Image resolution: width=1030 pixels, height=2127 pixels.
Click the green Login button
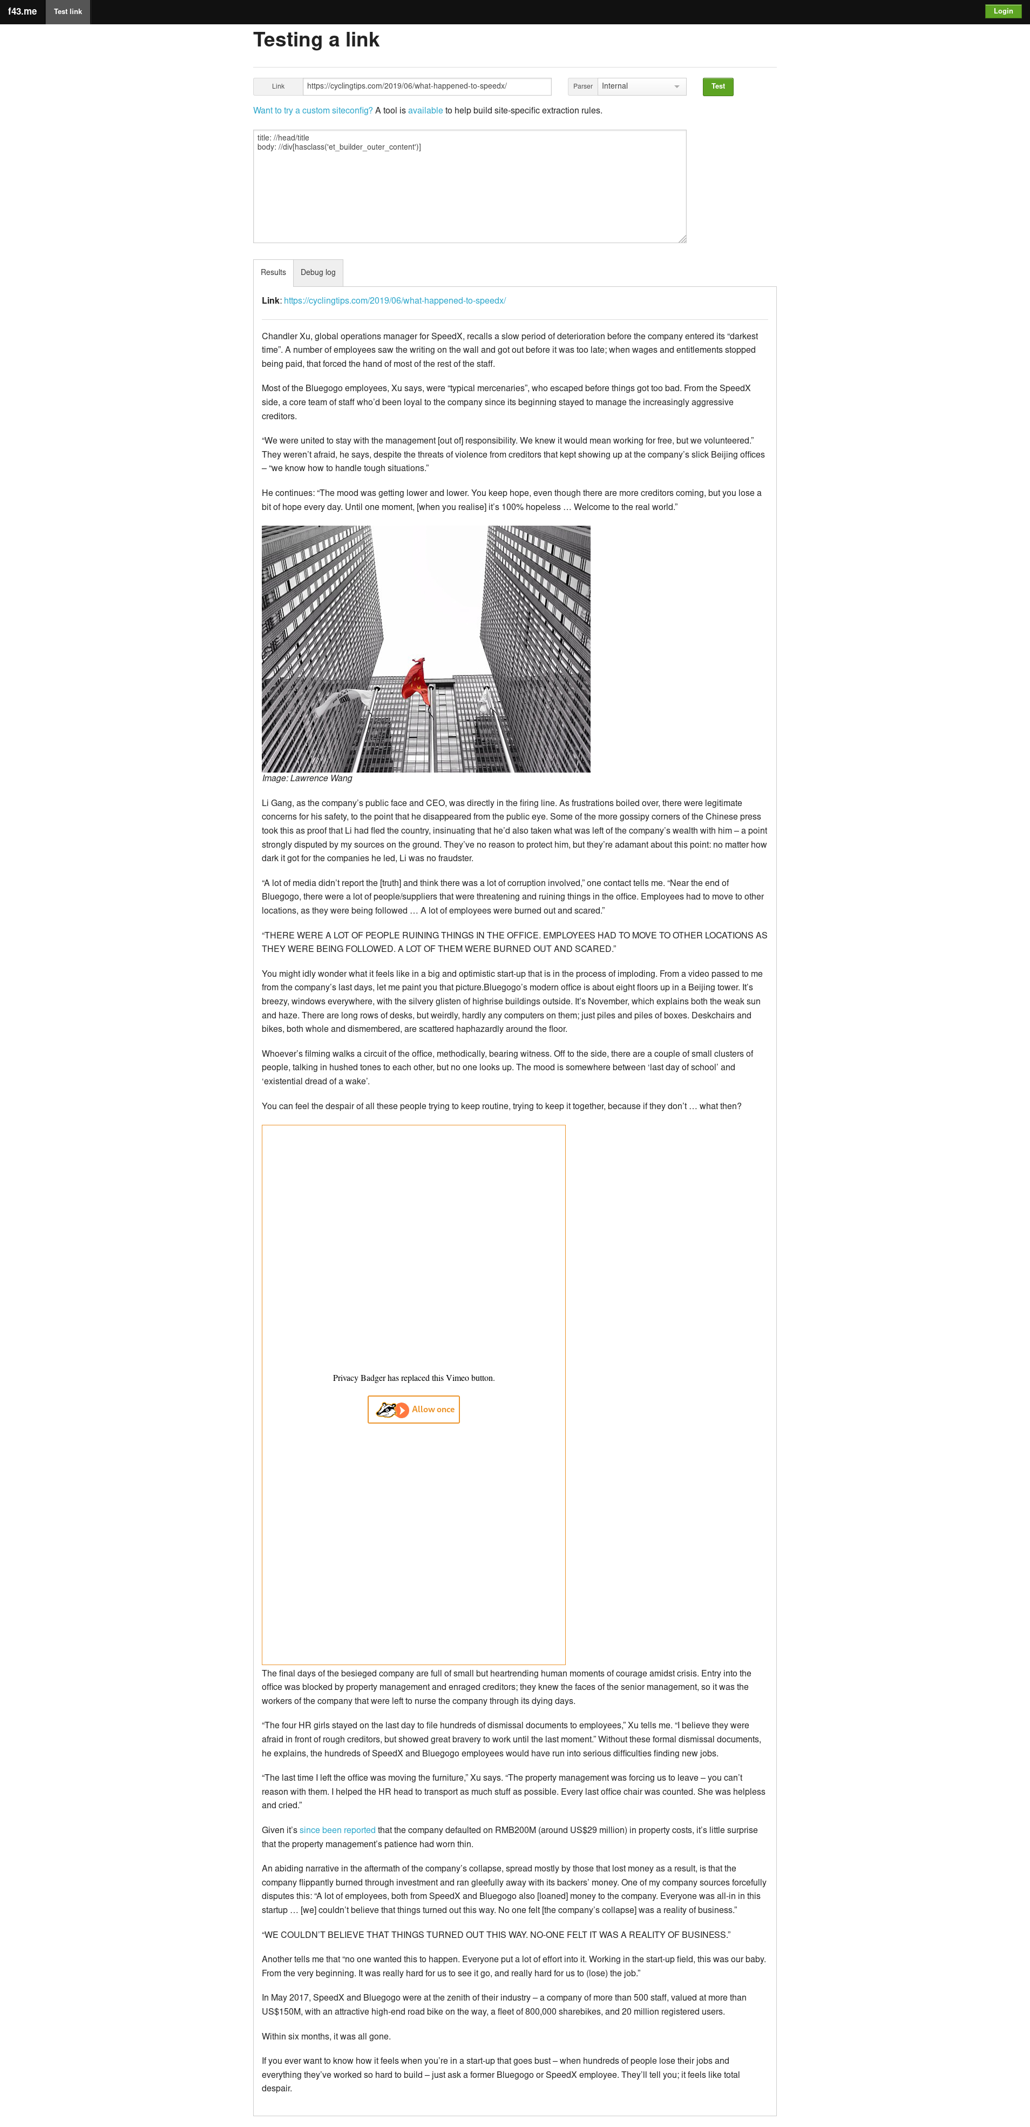pyautogui.click(x=1003, y=11)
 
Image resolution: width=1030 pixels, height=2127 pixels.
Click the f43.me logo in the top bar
pyautogui.click(x=22, y=11)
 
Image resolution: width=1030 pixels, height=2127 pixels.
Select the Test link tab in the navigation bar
pyautogui.click(x=67, y=11)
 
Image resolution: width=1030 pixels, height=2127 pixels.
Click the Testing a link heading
pyautogui.click(x=316, y=41)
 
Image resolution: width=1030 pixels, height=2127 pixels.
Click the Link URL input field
pyautogui.click(x=426, y=86)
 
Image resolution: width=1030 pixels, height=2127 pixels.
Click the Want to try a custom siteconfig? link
pyautogui.click(x=313, y=111)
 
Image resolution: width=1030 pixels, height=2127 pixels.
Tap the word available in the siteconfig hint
pyautogui.click(x=425, y=111)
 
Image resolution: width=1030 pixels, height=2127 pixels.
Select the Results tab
pyautogui.click(x=273, y=272)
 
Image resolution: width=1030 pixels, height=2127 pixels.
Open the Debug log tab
pyautogui.click(x=318, y=272)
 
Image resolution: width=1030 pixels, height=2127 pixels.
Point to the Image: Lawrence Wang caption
pyautogui.click(x=307, y=779)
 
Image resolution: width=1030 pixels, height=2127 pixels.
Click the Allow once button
pyautogui.click(x=414, y=1410)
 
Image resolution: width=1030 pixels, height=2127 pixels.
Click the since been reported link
pyautogui.click(x=337, y=1830)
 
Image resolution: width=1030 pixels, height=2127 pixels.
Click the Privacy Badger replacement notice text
pyautogui.click(x=414, y=1378)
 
